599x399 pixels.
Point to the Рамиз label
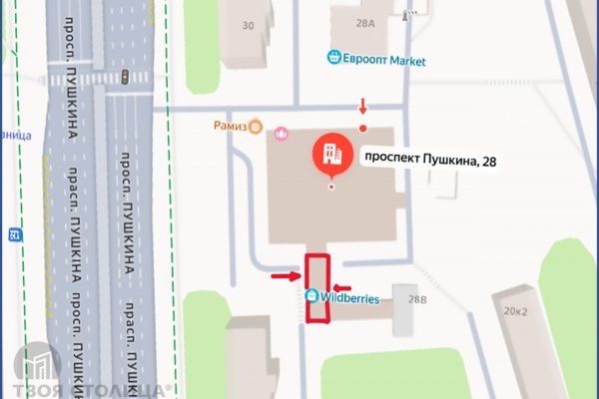[230, 127]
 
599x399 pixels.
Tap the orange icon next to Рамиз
[257, 127]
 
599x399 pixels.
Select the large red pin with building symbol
[331, 157]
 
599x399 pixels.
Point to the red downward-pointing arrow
[362, 107]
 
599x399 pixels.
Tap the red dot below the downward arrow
[362, 128]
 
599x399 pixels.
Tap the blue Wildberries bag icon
[312, 296]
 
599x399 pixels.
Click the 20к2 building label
[516, 310]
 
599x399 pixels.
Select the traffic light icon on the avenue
[124, 77]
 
